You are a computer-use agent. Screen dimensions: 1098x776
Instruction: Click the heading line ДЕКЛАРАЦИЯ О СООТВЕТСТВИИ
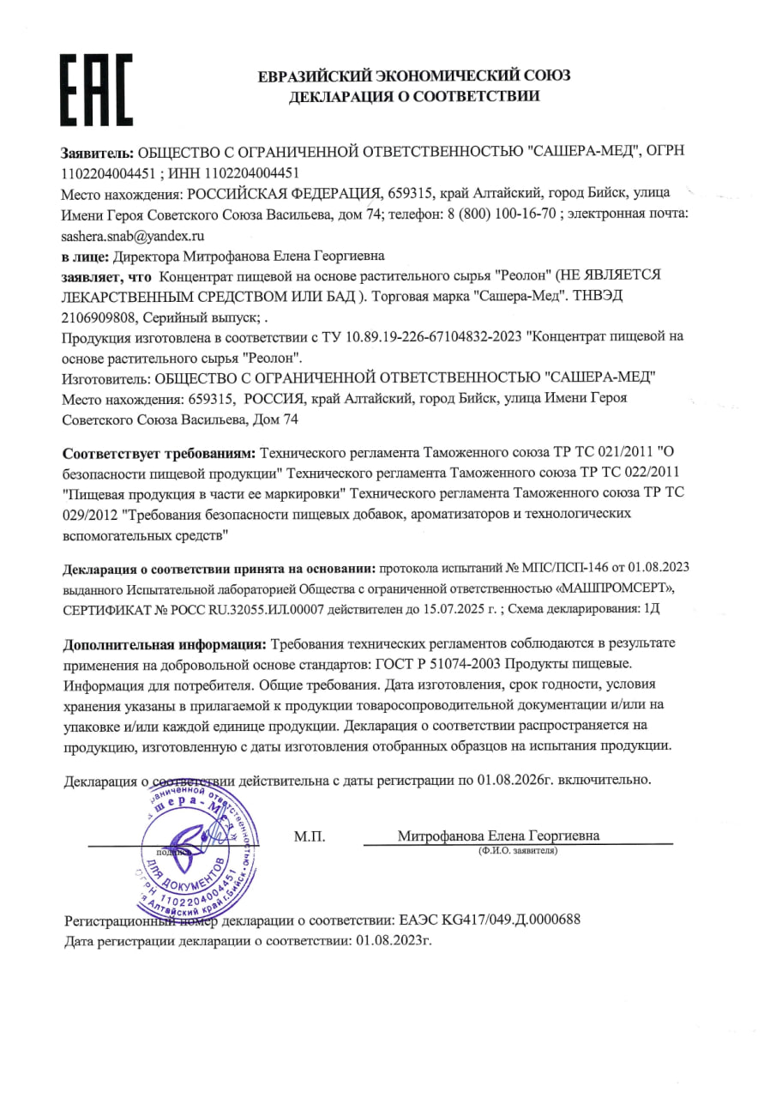(x=414, y=97)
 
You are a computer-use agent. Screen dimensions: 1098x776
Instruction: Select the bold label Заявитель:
(x=98, y=151)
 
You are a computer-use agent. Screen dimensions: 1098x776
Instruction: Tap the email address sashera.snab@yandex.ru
(x=134, y=234)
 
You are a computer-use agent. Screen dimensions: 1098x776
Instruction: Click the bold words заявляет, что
(x=106, y=276)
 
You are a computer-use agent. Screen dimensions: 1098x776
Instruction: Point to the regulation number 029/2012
(x=90, y=514)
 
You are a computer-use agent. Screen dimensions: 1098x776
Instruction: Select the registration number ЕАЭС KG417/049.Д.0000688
(x=490, y=920)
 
